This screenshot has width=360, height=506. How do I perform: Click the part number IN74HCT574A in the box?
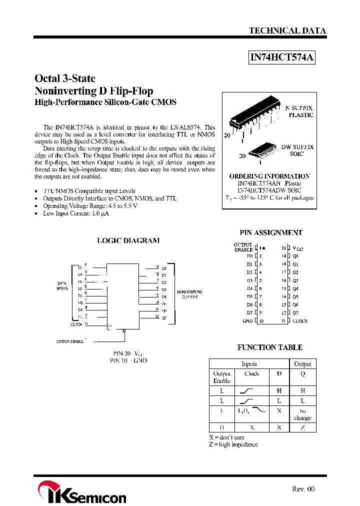click(282, 57)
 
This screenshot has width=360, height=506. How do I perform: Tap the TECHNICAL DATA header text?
click(287, 31)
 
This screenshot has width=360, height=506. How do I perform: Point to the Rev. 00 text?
click(303, 489)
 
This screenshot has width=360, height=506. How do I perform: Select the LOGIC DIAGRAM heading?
click(128, 240)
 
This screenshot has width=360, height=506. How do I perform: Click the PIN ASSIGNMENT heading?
click(271, 232)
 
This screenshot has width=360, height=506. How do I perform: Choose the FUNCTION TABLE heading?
click(269, 347)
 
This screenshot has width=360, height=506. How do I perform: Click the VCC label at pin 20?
click(298, 248)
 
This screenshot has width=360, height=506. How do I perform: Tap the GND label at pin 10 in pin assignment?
click(247, 321)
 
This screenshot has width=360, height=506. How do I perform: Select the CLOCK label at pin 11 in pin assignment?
click(300, 321)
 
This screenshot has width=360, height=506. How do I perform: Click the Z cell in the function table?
click(302, 427)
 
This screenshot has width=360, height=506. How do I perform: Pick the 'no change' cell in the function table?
click(302, 414)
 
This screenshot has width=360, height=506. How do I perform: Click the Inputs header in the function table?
click(249, 364)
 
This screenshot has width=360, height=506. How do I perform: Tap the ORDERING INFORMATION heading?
click(269, 176)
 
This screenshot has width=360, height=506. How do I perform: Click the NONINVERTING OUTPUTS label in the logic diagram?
click(189, 294)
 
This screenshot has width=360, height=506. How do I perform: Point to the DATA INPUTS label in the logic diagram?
click(62, 286)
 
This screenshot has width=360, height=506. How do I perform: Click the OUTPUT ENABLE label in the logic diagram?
click(69, 341)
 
